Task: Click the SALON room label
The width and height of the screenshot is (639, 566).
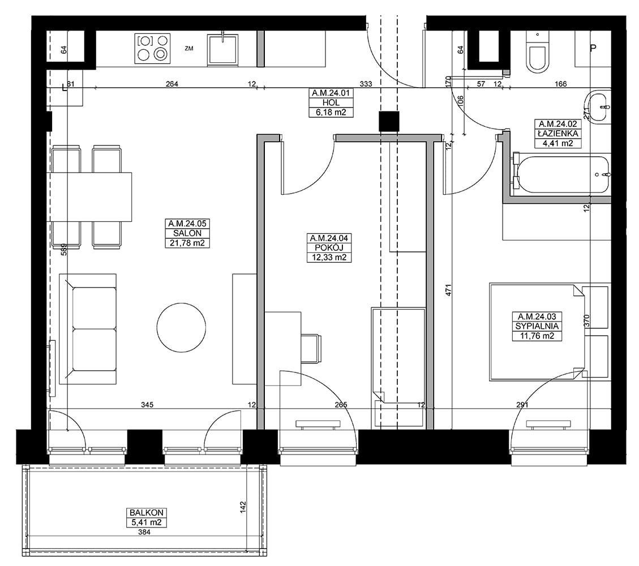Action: [x=187, y=234]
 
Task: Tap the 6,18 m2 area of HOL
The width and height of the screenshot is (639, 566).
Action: [x=331, y=113]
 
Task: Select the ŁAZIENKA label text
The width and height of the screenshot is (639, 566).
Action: [x=558, y=133]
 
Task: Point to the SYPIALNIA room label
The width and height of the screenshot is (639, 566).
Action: [x=537, y=327]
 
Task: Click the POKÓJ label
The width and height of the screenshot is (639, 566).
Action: [x=329, y=248]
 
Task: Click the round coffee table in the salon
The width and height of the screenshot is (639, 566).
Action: [x=181, y=327]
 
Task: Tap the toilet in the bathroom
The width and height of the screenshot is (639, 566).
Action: [x=537, y=54]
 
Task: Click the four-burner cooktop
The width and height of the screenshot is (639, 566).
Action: [x=152, y=49]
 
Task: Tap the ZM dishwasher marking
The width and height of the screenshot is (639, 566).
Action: [x=188, y=49]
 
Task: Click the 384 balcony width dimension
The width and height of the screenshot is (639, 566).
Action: [x=144, y=532]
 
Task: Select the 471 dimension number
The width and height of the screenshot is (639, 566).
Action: [x=448, y=290]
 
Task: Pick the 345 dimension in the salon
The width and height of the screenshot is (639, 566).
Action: [x=147, y=405]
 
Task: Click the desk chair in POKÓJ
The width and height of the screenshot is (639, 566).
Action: [x=311, y=349]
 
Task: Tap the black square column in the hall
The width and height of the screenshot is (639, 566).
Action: [x=389, y=122]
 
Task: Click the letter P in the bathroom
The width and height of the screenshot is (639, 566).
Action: [x=593, y=48]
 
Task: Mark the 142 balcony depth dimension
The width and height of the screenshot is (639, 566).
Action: [x=243, y=507]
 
